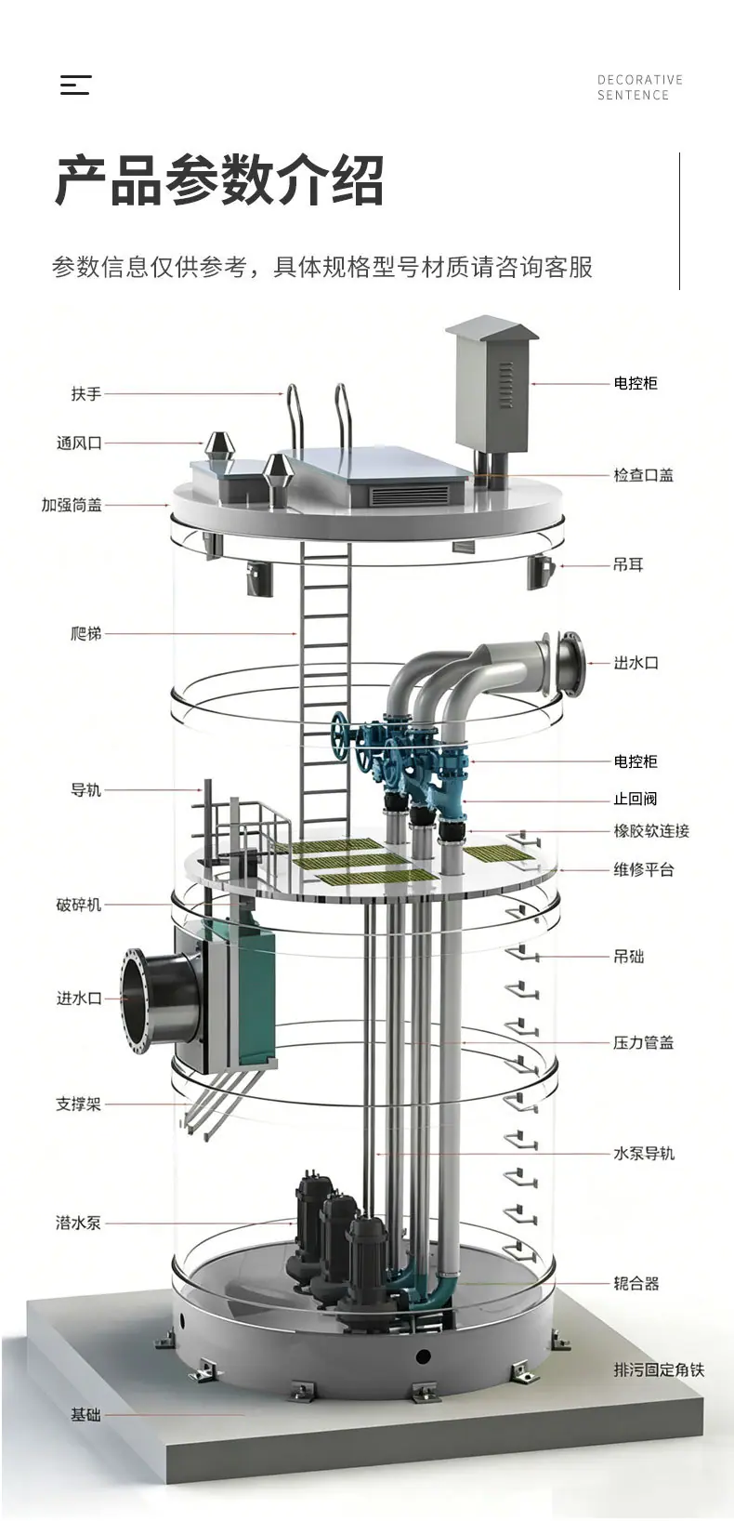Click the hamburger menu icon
tap(75, 85)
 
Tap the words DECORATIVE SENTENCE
tap(640, 87)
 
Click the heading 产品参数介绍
tap(220, 180)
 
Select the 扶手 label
tap(86, 394)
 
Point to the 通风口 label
tap(79, 443)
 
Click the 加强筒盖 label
tap(72, 505)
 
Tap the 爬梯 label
tap(86, 633)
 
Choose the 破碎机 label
tap(79, 905)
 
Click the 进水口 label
tap(79, 999)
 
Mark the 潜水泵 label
tap(79, 1223)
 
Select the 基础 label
tap(86, 1415)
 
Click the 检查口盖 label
tap(644, 475)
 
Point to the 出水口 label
tap(636, 663)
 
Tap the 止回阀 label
tap(636, 799)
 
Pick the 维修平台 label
tap(644, 870)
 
